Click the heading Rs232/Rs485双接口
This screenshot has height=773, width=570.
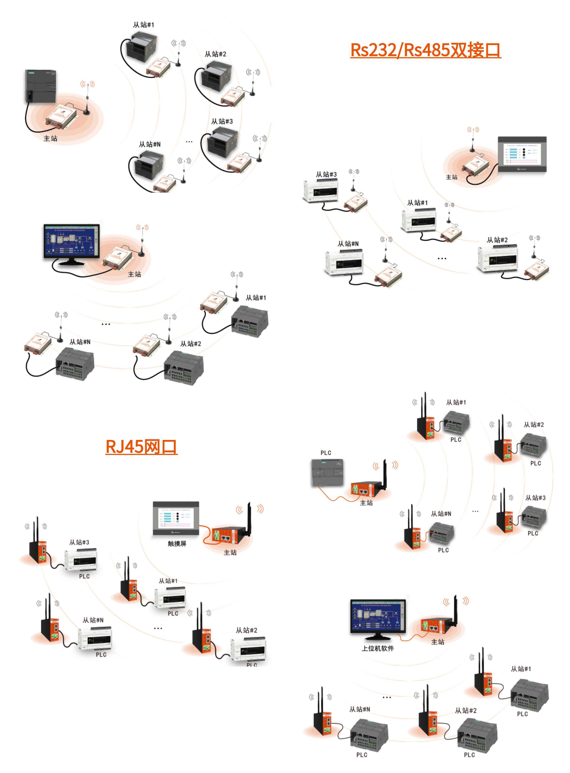(x=425, y=50)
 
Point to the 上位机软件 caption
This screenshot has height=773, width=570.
(x=378, y=648)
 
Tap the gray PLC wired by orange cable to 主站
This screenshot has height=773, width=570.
(x=327, y=472)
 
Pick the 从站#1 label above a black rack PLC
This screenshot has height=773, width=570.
(x=144, y=25)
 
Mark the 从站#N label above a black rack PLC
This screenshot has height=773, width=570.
(x=149, y=144)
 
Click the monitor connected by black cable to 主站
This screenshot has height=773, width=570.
(x=71, y=242)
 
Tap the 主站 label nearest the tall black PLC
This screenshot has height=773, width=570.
(x=50, y=138)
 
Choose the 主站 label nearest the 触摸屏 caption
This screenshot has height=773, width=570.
(x=230, y=552)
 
